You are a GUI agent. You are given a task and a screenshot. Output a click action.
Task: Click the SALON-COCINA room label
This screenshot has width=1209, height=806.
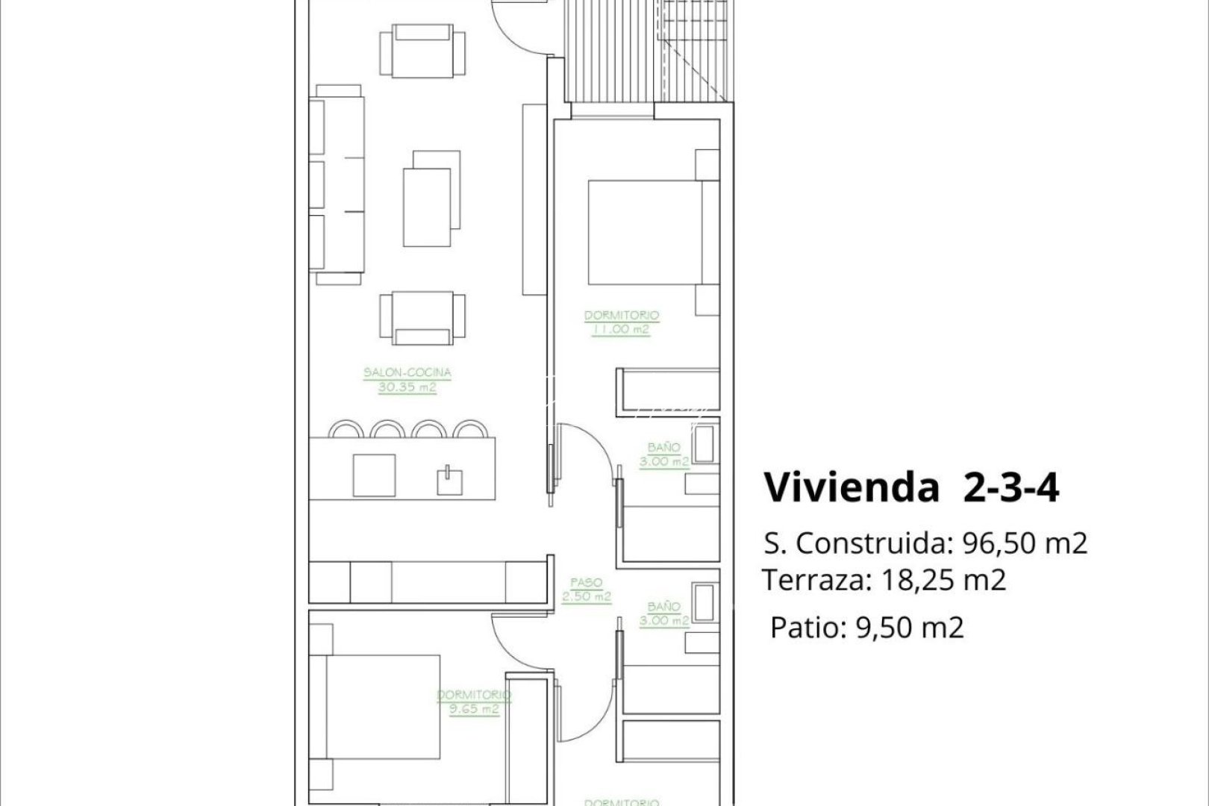407,372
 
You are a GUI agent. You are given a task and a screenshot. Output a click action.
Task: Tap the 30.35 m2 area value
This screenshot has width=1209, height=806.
407,388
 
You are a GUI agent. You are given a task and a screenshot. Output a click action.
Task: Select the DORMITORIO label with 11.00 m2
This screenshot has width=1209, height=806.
621,316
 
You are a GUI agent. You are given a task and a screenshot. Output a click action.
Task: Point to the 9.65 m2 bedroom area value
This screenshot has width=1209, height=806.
474,710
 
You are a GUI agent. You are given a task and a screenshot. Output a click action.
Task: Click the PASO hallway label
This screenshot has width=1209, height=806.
586,582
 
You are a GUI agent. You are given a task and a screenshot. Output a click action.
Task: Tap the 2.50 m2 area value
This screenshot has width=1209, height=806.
586,596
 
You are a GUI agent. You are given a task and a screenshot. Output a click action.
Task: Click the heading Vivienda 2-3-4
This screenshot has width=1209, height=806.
911,488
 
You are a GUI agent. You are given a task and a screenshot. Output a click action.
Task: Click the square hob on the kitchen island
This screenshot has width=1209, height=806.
374,475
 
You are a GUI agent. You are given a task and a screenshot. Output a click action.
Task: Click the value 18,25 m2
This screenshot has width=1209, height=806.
943,580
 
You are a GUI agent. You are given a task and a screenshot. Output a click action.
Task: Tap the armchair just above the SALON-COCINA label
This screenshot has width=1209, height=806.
422,316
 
